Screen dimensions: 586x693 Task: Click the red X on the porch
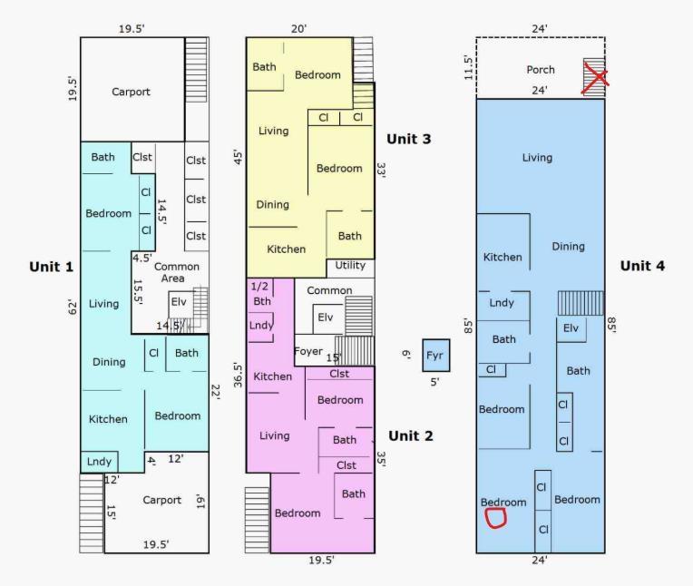pos(594,78)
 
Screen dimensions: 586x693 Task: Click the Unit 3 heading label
pos(409,139)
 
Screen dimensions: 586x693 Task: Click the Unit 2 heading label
pos(409,435)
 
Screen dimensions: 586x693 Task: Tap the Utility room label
pos(350,266)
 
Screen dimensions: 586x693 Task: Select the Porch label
pos(541,70)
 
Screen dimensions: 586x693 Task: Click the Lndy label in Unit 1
pos(100,462)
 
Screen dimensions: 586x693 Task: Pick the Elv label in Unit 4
pos(571,328)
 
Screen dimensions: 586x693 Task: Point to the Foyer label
pos(309,350)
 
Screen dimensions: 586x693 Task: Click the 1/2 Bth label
pos(262,294)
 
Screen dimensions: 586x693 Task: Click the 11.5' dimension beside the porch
pos(469,69)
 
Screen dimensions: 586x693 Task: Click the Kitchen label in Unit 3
pos(286,249)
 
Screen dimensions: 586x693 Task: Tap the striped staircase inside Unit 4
pos(579,303)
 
